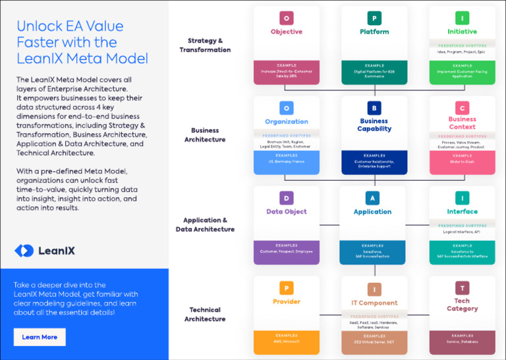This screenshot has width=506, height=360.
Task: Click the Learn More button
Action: (x=40, y=337)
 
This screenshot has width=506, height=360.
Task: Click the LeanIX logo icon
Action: (x=24, y=251)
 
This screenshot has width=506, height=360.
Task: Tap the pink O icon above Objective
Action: (x=287, y=18)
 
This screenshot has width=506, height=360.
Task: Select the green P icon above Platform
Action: (x=374, y=18)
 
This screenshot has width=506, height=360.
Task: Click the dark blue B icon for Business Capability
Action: (x=374, y=108)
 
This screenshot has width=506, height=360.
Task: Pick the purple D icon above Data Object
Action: (x=286, y=198)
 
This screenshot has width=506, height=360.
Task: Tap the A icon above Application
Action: (x=373, y=198)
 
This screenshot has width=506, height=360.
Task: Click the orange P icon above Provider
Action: (x=286, y=288)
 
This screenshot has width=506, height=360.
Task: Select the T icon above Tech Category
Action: (x=462, y=288)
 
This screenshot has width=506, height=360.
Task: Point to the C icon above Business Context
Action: (x=462, y=108)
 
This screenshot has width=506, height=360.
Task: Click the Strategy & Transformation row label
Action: (x=205, y=45)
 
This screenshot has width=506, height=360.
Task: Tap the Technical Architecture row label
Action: (x=205, y=315)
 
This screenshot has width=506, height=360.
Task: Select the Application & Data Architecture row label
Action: (x=205, y=225)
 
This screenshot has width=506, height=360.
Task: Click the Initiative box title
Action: (x=462, y=32)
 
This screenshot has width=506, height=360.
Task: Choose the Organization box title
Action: (x=287, y=121)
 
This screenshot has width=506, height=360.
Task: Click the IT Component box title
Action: (x=374, y=303)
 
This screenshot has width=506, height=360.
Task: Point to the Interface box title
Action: (x=462, y=212)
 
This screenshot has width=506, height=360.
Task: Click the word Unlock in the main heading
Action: (x=39, y=26)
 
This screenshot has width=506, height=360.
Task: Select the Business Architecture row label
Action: (x=205, y=135)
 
